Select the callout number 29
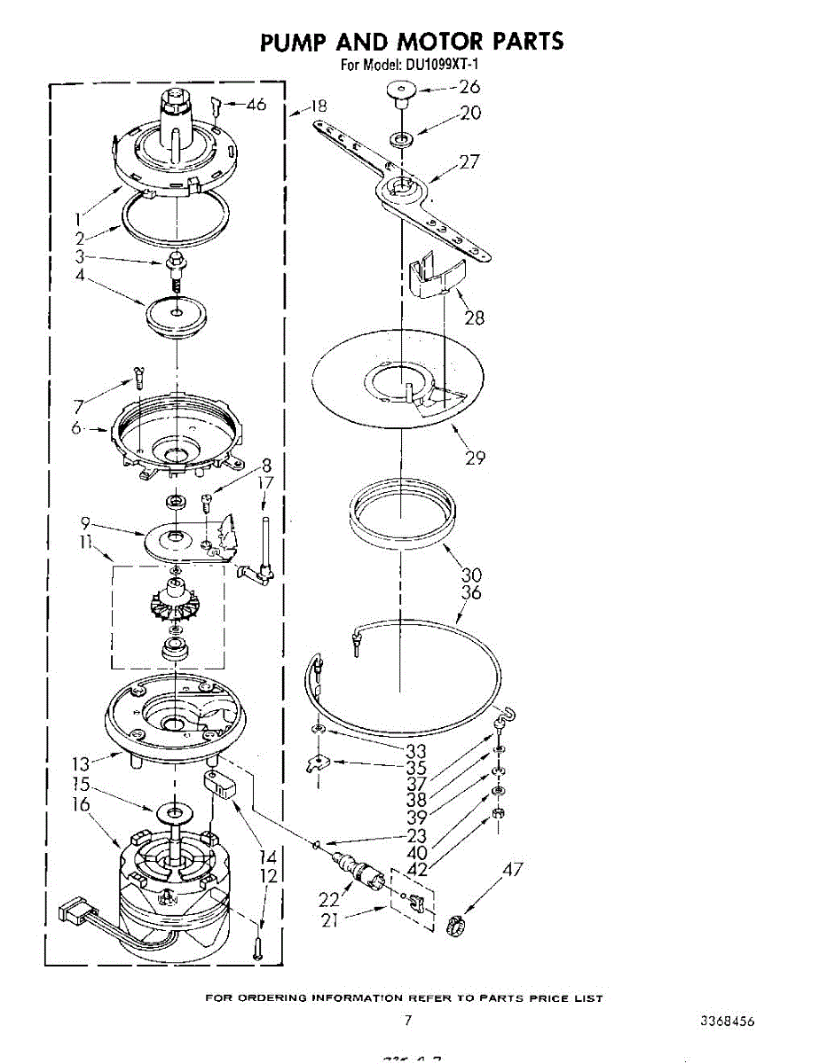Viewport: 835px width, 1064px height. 476,458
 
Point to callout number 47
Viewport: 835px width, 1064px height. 513,870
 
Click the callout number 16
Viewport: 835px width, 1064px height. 81,804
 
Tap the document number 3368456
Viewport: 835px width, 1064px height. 728,1021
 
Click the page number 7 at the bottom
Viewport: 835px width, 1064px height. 408,1021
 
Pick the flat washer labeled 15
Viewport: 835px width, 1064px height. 176,811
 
